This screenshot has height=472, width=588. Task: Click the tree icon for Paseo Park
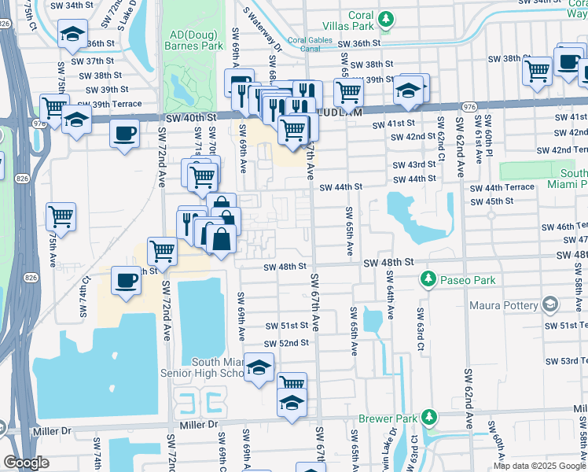click(x=428, y=278)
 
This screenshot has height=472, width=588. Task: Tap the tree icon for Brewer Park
click(x=428, y=416)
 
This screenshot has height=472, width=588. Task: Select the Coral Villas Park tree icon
click(x=385, y=18)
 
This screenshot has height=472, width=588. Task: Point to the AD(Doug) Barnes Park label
click(x=193, y=40)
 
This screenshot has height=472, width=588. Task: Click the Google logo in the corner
click(x=26, y=463)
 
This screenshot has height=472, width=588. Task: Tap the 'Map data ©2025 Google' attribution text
click(x=538, y=466)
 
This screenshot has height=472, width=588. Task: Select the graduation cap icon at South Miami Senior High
click(x=259, y=367)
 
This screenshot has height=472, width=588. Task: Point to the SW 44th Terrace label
click(x=502, y=187)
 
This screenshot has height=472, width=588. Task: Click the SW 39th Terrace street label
click(x=109, y=104)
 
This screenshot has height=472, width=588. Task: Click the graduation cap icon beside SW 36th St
click(x=72, y=34)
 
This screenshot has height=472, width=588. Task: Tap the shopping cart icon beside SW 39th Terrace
click(x=53, y=106)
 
